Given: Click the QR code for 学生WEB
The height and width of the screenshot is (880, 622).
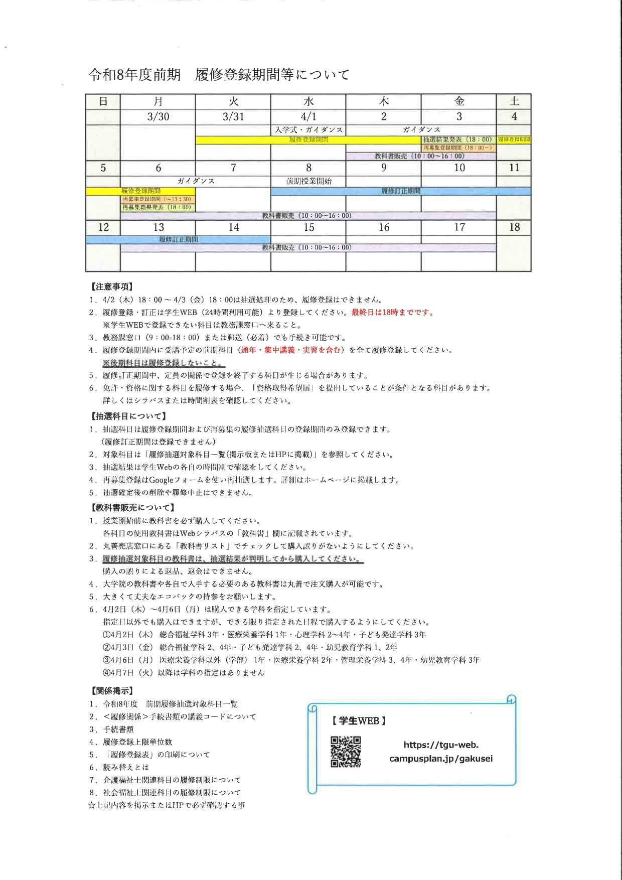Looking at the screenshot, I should (x=346, y=752).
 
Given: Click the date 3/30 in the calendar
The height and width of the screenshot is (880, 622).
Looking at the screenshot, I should (x=158, y=116).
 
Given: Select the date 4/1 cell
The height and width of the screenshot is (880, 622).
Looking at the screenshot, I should (x=308, y=116).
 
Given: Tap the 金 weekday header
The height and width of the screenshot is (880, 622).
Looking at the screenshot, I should (x=459, y=101).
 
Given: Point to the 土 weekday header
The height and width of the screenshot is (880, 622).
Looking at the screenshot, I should (x=514, y=101).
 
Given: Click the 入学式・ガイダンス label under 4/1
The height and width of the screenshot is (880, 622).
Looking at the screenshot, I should (x=308, y=130).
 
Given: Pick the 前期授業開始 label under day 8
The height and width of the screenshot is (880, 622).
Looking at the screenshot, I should (x=308, y=181).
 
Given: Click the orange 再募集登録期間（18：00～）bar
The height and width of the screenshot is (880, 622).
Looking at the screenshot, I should (x=457, y=148).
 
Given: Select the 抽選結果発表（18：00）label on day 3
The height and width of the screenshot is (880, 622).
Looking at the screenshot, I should (x=457, y=139).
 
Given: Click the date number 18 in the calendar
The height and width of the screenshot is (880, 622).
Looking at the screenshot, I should (x=514, y=227).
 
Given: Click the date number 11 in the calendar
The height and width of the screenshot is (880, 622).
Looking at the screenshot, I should (x=514, y=168).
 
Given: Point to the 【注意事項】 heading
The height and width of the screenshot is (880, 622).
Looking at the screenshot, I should (x=111, y=286).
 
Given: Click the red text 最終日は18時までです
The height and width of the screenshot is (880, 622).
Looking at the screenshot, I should (x=392, y=313).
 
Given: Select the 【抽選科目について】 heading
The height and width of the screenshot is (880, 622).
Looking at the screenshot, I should (x=128, y=416).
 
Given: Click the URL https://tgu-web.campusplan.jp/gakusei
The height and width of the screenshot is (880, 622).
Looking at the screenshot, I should (x=441, y=752).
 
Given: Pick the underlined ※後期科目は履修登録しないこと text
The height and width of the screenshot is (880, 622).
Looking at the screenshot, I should (x=164, y=363).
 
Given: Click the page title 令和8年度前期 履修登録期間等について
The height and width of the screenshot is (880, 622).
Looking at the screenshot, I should (x=219, y=75).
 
